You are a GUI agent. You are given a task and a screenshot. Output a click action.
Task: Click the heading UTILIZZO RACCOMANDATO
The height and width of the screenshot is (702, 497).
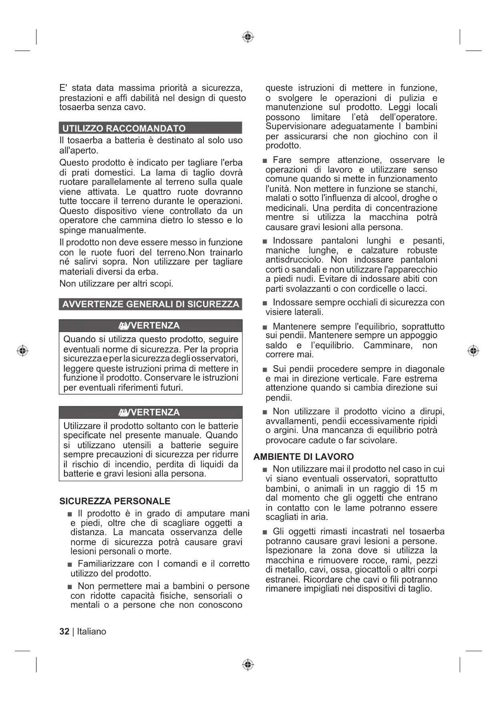coord(124,128)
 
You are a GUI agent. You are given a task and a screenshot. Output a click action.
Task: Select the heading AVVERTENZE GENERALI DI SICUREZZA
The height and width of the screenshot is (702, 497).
coord(151,304)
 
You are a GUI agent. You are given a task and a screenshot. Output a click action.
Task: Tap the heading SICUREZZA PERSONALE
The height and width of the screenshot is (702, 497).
coord(115,501)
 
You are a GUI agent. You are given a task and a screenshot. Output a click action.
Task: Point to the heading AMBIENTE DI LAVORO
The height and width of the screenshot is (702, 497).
coord(304,457)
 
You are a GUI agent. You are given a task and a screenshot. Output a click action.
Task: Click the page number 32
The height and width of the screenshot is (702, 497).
coord(64,632)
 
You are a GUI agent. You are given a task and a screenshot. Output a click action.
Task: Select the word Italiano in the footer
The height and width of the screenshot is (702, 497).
coord(92,632)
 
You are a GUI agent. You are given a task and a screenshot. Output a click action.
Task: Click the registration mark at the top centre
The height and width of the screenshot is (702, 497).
coord(248,37)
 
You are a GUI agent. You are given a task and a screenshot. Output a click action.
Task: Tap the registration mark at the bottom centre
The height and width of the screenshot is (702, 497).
coord(248,665)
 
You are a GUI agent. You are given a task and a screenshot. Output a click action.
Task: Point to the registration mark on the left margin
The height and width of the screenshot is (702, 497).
coord(23,351)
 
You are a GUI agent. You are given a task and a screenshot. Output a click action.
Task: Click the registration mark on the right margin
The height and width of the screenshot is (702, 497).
coord(473,351)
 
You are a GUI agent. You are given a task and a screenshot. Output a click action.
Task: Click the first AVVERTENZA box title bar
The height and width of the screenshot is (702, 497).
coord(151,325)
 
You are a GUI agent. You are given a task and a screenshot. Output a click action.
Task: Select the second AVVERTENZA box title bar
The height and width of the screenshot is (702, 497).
coord(151,412)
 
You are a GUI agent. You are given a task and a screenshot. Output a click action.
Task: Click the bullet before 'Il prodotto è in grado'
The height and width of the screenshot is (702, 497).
coord(70,514)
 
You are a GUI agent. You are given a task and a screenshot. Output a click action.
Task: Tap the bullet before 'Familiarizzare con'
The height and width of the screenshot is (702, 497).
coord(70,564)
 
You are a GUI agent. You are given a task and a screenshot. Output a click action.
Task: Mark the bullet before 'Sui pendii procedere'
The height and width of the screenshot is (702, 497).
coord(265,369)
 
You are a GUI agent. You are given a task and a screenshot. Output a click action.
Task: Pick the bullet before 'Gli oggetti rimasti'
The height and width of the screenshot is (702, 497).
coord(265,532)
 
